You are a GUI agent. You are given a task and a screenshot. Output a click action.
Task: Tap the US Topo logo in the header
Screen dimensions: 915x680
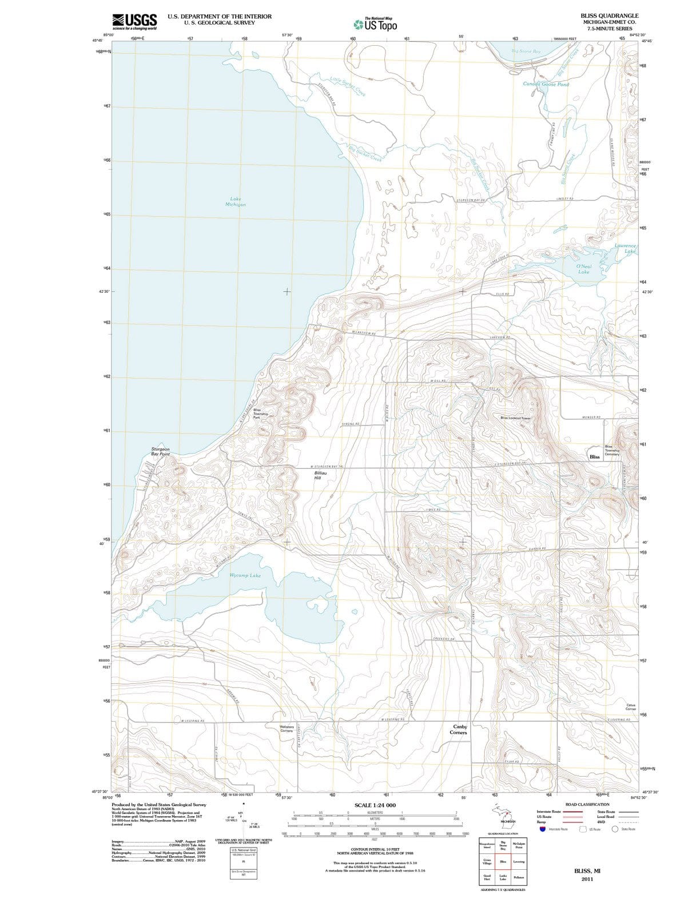pos(375,25)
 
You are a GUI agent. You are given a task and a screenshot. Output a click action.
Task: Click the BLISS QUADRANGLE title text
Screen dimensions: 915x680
pos(609,15)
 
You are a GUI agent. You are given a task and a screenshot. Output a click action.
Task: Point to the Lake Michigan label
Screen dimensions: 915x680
pos(236,202)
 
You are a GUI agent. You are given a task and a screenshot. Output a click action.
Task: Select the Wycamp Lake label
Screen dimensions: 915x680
pos(245,575)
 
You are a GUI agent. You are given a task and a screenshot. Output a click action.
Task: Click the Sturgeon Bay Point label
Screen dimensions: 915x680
pos(160,452)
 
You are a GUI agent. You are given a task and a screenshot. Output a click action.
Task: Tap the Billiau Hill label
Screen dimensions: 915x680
pos(320,476)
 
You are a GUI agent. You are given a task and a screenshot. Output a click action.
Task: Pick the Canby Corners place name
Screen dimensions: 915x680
pos(458,730)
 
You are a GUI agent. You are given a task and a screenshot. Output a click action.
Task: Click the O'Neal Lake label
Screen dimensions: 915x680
pos(584,269)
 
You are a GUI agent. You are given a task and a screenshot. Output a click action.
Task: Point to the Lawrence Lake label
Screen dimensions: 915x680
pos(626,248)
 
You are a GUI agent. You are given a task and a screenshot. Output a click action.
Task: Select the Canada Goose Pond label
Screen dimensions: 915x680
pos(546,84)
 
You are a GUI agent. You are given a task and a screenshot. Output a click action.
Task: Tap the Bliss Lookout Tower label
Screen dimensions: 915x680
pos(516,418)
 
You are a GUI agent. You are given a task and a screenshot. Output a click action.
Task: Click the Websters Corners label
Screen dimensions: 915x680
pos(286,729)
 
